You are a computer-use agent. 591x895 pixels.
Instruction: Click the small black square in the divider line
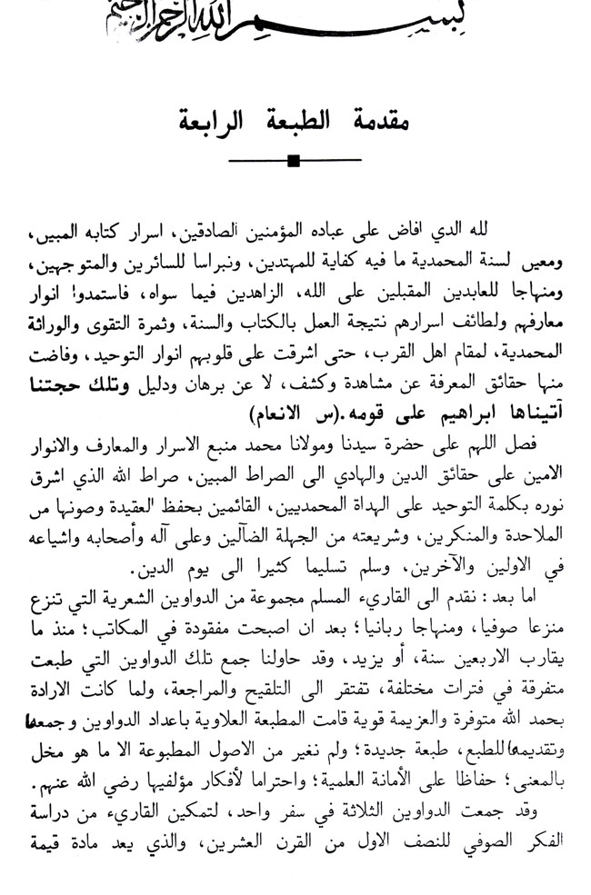294,163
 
